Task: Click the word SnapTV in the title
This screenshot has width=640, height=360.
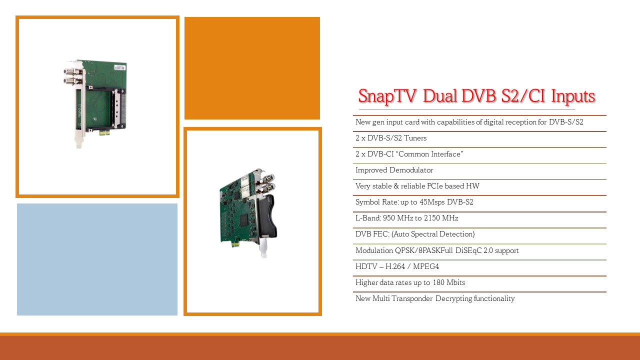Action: pos(387,95)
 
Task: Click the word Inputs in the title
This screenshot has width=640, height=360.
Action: pos(573,96)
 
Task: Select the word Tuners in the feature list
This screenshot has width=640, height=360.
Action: pos(415,138)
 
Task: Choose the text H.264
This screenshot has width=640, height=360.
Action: pos(395,266)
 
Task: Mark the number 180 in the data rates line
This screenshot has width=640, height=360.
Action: pos(438,282)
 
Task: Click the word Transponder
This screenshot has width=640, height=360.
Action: pos(412,298)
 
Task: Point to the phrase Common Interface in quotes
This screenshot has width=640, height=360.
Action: pos(431,154)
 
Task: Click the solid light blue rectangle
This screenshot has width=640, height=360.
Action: pos(97,259)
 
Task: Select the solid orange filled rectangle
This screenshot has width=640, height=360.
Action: pos(252,68)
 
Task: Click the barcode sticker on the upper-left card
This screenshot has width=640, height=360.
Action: pos(119,67)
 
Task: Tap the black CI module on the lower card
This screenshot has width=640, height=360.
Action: pos(267,216)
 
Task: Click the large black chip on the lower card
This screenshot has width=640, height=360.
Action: pos(243,220)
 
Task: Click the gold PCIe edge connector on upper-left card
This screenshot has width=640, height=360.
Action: pos(104,132)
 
